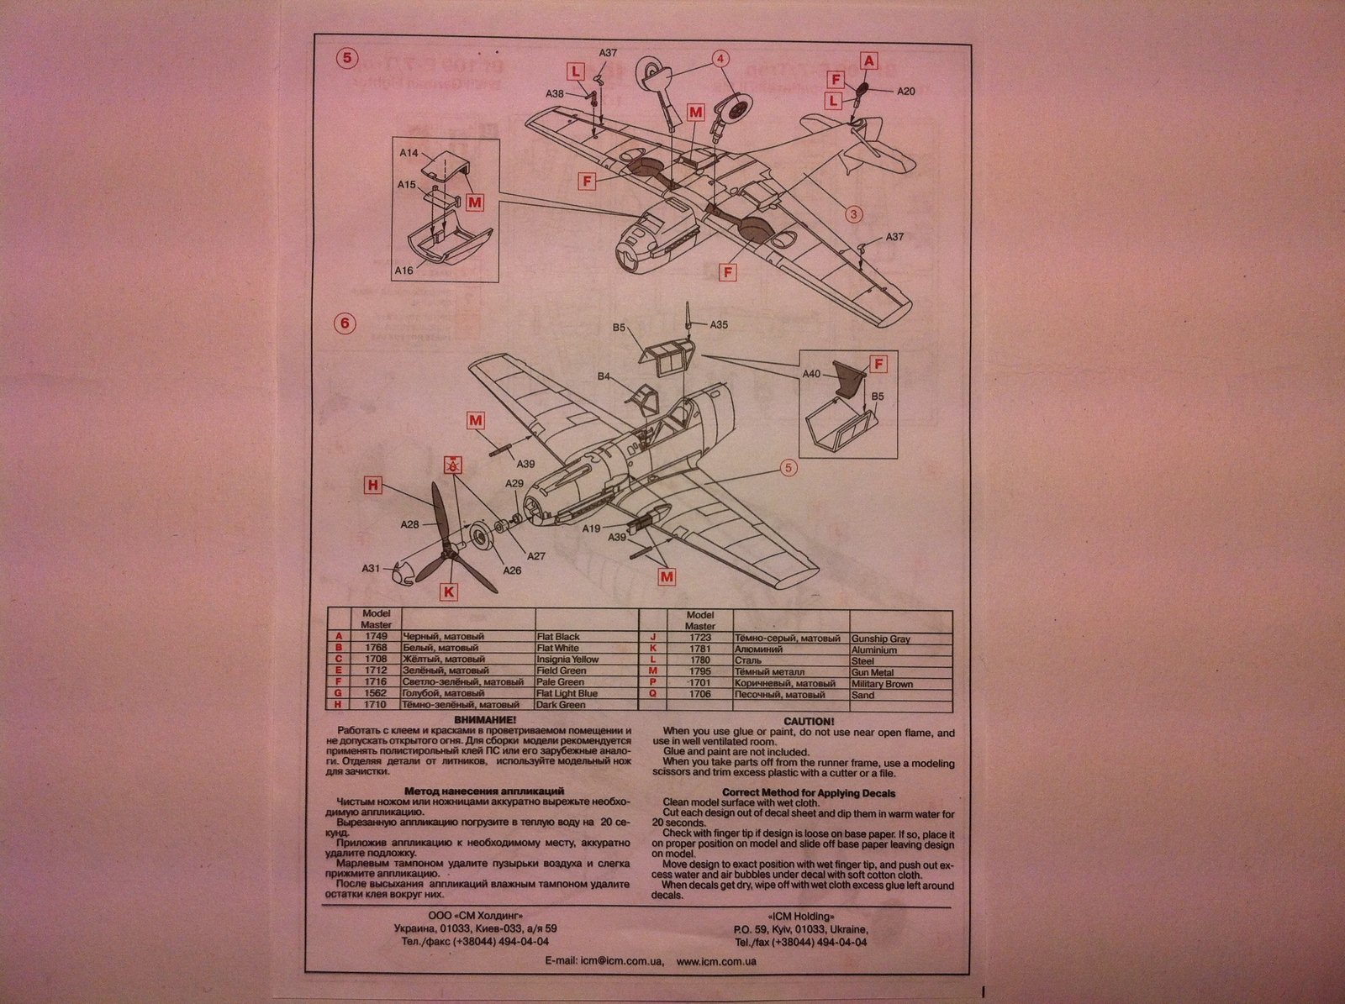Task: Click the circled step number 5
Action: pyautogui.click(x=345, y=58)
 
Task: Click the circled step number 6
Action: pyautogui.click(x=345, y=323)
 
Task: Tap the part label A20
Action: pyautogui.click(x=905, y=92)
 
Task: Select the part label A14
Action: pyautogui.click(x=409, y=154)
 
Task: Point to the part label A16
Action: pyautogui.click(x=405, y=271)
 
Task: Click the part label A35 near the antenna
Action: pyautogui.click(x=719, y=324)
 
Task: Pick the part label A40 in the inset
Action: pyautogui.click(x=811, y=374)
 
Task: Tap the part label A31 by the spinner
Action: pyautogui.click(x=372, y=569)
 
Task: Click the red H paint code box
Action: pyautogui.click(x=374, y=485)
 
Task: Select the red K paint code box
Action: pyautogui.click(x=449, y=591)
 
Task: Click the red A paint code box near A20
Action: pyautogui.click(x=869, y=60)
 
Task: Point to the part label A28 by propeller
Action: pyautogui.click(x=409, y=524)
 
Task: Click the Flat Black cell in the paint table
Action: pyautogui.click(x=558, y=638)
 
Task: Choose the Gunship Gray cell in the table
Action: pyautogui.click(x=880, y=639)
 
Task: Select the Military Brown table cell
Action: pyautogui.click(x=882, y=684)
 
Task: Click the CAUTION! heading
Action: pyautogui.click(x=809, y=721)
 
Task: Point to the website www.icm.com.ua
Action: pyautogui.click(x=716, y=960)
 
